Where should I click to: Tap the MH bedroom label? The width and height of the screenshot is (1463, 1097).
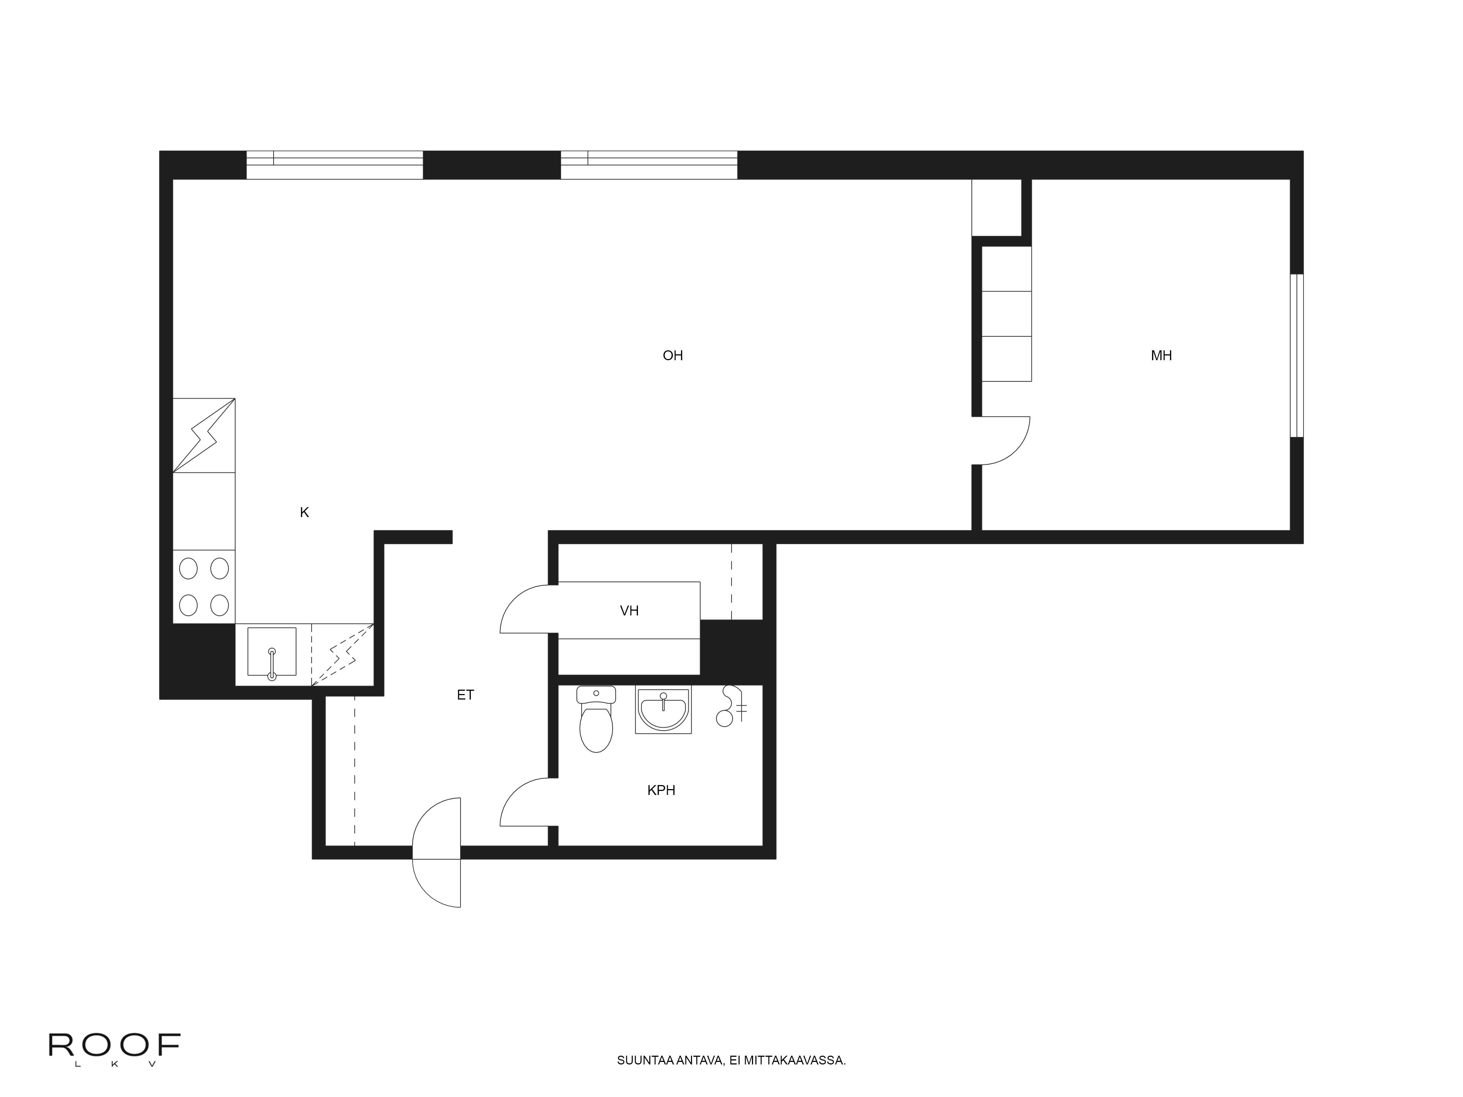coord(1161,356)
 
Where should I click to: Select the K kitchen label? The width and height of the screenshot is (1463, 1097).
coord(304,512)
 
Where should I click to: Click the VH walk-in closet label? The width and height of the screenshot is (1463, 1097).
coord(629,611)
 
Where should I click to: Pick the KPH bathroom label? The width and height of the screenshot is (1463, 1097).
coord(661,790)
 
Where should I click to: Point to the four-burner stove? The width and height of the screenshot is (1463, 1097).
coord(204,587)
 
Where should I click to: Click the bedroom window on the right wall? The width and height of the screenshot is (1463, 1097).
coord(1296,356)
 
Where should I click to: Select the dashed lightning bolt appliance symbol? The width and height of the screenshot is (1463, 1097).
coord(343,655)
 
